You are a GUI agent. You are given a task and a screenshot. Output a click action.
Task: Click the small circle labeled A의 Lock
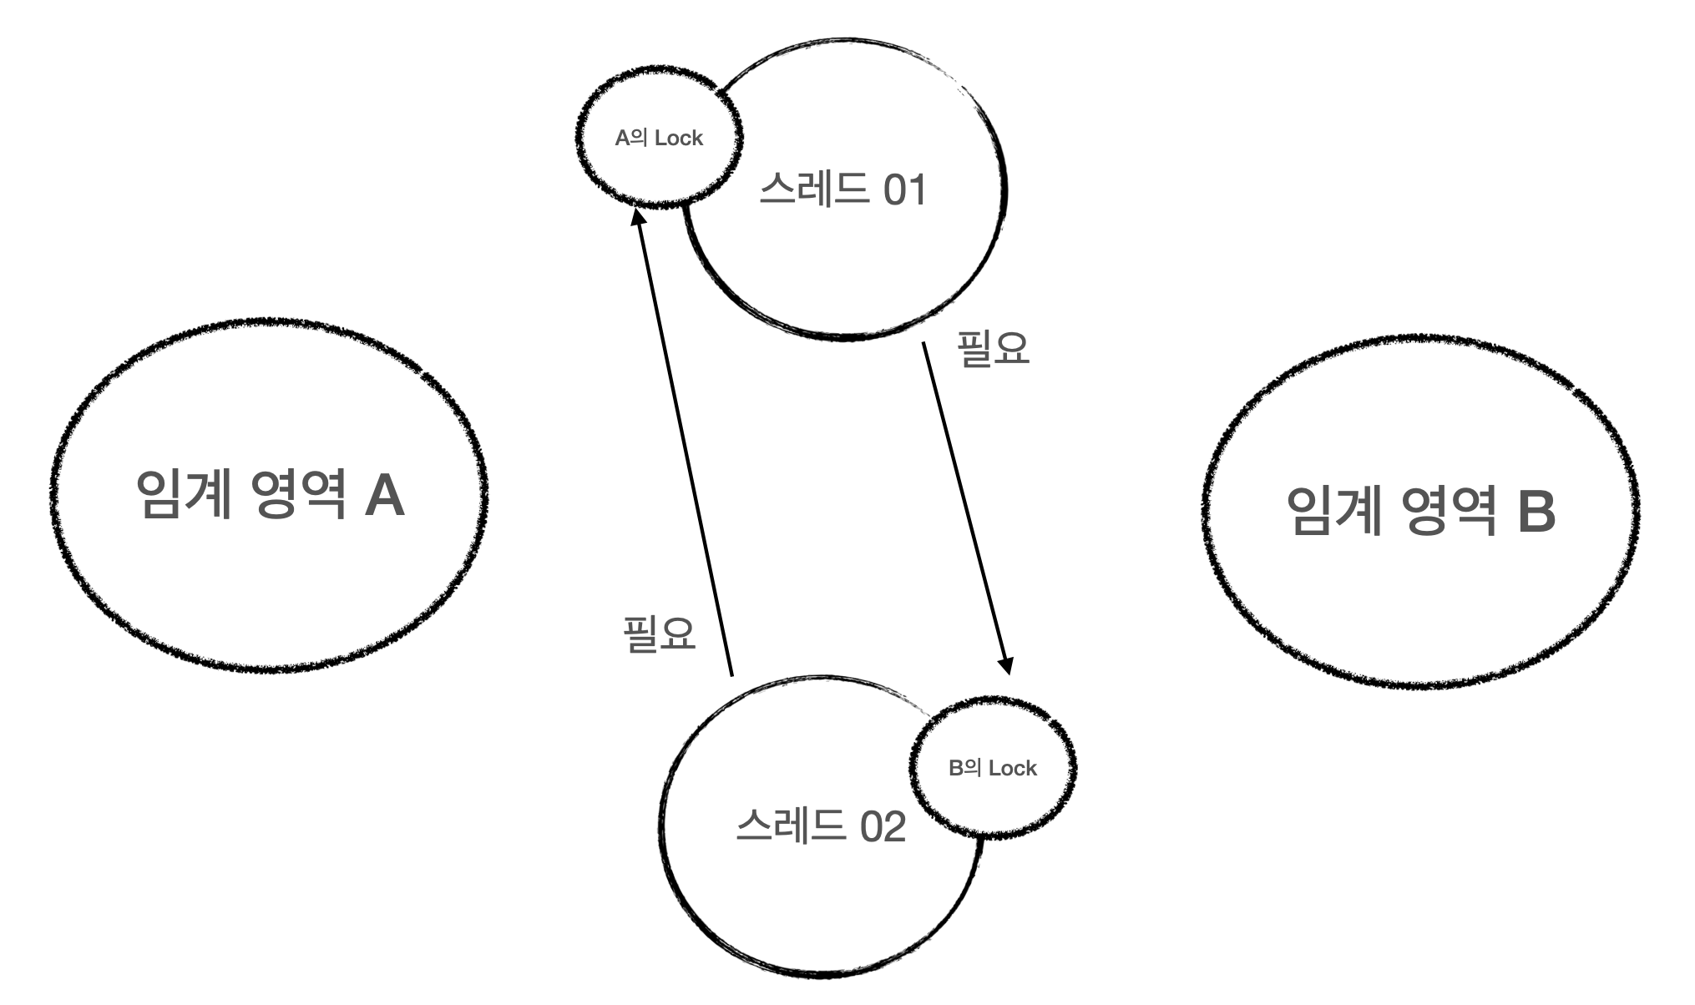(x=659, y=138)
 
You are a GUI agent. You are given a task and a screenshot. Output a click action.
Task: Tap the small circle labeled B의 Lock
(x=992, y=768)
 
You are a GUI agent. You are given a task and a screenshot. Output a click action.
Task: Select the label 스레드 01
(x=842, y=190)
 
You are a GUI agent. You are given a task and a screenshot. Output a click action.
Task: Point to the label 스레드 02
(x=821, y=827)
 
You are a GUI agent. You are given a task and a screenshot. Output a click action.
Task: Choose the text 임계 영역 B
(x=1420, y=511)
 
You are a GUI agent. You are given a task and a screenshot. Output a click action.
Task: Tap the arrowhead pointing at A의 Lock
(x=637, y=217)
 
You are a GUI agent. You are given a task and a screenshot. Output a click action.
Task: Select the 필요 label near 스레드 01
(x=993, y=349)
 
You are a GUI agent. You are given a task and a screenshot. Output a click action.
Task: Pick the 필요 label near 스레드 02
(x=660, y=634)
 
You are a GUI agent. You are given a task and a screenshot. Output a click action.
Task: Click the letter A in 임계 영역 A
(x=385, y=496)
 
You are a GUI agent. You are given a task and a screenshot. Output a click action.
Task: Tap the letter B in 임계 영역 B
(x=1536, y=512)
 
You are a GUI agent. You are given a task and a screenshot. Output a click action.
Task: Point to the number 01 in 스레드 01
(x=904, y=191)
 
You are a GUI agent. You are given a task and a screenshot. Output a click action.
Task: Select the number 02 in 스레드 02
(x=883, y=828)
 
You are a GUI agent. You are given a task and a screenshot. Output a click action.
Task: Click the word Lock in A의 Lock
(x=679, y=139)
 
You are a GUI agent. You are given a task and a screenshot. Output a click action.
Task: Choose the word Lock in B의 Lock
(x=1012, y=769)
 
